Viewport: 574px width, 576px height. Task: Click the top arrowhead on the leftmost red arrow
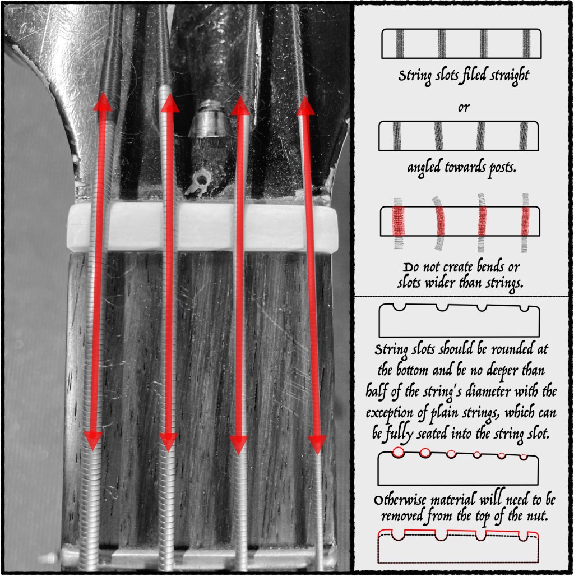103,102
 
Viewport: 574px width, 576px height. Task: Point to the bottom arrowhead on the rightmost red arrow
317,445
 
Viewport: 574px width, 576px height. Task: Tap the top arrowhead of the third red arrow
240,105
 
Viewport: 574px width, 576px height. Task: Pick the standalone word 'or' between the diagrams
464,107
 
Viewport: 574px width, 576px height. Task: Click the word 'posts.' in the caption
502,168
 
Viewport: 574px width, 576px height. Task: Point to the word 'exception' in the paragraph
390,413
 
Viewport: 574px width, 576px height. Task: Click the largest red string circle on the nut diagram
398,452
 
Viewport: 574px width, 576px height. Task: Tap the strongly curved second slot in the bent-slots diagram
438,223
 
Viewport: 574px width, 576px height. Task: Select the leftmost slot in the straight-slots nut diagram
400,43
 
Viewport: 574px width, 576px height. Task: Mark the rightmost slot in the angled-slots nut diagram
524,136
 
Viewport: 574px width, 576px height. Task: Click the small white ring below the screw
201,179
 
